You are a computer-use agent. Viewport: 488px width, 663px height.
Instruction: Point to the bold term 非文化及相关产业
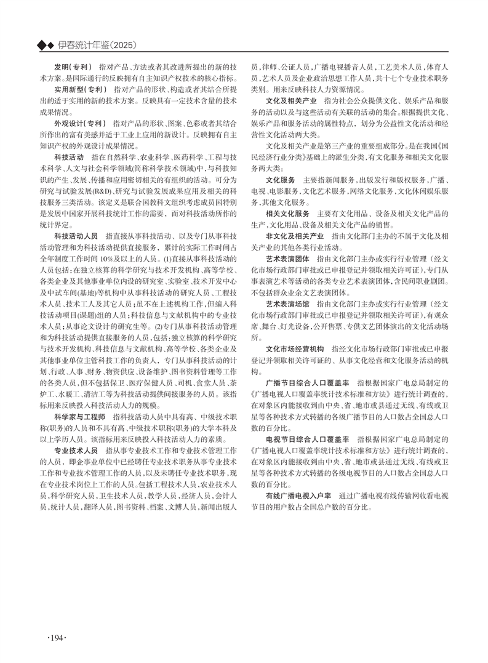coord(295,236)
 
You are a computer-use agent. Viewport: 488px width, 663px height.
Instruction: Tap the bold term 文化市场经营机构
coord(295,348)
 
